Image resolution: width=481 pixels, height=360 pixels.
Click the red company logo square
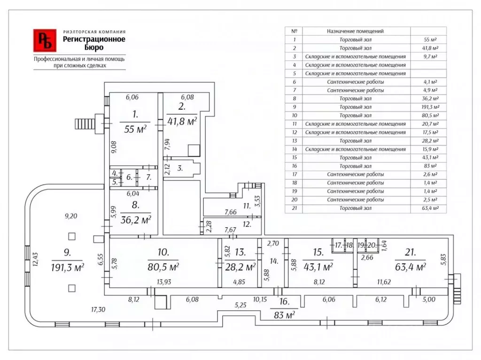tap(45, 40)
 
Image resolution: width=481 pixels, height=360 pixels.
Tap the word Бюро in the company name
tap(94, 47)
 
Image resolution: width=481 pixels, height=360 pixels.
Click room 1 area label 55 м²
tap(135, 129)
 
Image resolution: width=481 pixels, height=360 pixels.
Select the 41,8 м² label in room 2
tap(182, 121)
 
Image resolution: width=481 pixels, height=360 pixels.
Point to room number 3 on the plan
tap(180, 168)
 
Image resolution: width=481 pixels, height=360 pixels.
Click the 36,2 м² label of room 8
tap(136, 220)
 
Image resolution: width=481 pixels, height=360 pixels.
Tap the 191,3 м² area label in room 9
tap(68, 268)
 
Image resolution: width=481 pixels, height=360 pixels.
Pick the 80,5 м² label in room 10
tap(163, 267)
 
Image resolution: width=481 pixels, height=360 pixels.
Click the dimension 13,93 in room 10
tap(164, 282)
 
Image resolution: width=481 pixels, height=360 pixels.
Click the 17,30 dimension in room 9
tap(98, 310)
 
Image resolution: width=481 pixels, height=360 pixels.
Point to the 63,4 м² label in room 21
tap(411, 267)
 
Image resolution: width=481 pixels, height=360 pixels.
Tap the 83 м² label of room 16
tap(284, 314)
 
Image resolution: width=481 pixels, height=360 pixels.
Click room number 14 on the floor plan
tap(274, 261)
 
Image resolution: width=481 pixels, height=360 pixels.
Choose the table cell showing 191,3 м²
tap(430, 107)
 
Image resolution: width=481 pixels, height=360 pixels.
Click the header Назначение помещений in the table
tap(355, 31)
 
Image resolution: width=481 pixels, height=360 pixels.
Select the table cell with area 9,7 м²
tap(430, 56)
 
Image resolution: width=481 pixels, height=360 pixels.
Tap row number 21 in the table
tap(295, 208)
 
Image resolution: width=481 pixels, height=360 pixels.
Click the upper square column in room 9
tap(72, 237)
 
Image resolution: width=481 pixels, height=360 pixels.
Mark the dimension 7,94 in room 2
tap(167, 145)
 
